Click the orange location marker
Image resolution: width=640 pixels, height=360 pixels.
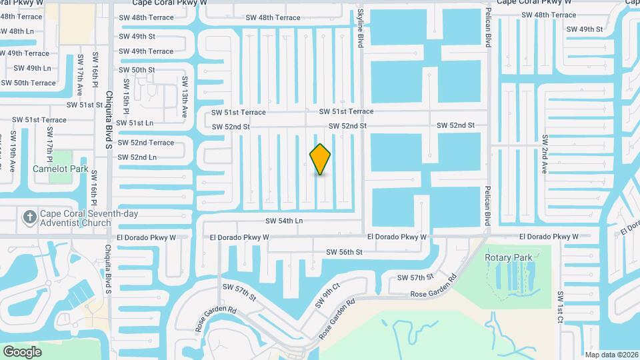click(x=320, y=159)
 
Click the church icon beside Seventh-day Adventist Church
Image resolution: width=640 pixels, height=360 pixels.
click(x=29, y=217)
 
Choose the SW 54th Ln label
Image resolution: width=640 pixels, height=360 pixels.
click(x=284, y=221)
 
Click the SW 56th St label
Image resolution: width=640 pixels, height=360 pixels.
click(x=344, y=252)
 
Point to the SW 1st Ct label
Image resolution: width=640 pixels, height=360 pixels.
click(x=561, y=307)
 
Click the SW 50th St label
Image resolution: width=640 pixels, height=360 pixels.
click(x=137, y=69)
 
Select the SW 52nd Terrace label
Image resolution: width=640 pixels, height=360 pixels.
click(x=146, y=143)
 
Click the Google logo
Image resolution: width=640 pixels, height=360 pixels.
click(x=22, y=351)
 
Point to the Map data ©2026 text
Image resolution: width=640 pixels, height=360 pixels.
click(x=611, y=355)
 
